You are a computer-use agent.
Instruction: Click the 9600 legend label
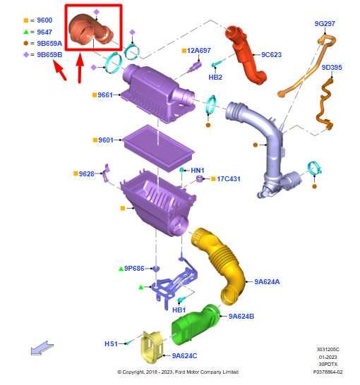click(44, 20)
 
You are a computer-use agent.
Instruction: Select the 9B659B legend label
click(49, 54)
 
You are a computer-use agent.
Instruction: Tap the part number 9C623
click(271, 54)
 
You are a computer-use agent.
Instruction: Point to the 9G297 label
click(325, 23)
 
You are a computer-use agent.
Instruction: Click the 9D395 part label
click(332, 67)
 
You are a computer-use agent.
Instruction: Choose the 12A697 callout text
click(198, 51)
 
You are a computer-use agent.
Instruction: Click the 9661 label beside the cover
click(105, 94)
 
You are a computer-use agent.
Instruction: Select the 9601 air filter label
click(106, 140)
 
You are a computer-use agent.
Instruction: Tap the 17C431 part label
click(229, 179)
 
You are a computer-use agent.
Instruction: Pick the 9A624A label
click(267, 281)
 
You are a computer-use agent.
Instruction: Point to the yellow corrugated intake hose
click(219, 265)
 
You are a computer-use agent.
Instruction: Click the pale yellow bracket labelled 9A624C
click(152, 347)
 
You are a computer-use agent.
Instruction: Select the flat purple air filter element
click(160, 149)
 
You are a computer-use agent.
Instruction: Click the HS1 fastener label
click(111, 344)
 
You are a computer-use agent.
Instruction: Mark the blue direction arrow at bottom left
click(42, 348)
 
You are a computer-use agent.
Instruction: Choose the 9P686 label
click(134, 269)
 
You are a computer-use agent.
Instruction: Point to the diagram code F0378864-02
click(328, 372)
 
